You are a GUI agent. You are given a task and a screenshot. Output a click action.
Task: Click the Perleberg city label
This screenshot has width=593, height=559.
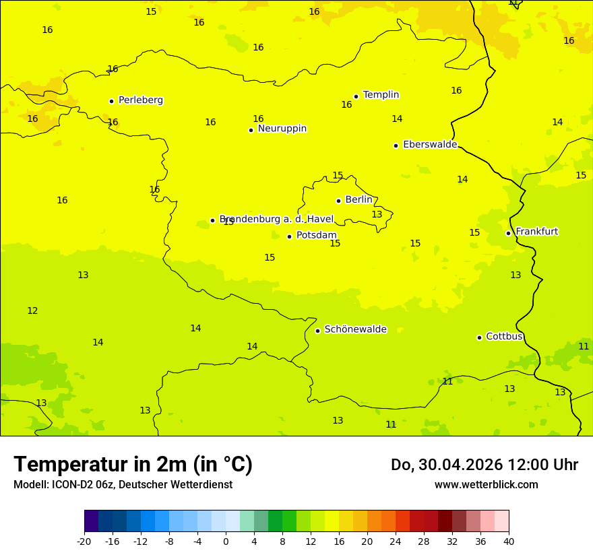point(140,100)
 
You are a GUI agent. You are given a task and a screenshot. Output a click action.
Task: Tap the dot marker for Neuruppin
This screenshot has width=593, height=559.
point(251,130)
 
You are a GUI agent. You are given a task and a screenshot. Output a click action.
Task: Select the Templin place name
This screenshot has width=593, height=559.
point(381,95)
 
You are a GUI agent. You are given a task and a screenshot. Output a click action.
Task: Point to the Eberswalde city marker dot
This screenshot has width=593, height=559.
point(396,145)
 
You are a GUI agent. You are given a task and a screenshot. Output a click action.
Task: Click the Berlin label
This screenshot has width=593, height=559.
point(358,200)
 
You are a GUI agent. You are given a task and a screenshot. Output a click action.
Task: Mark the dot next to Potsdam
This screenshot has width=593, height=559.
point(289,236)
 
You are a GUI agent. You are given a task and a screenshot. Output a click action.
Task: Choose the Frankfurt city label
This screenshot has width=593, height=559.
point(536,232)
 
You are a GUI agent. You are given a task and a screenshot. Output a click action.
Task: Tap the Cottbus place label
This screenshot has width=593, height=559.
point(504,336)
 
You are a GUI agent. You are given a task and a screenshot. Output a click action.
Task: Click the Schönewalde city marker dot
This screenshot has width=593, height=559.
point(317,331)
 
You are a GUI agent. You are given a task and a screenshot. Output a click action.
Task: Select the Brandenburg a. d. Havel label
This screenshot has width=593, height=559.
point(276,219)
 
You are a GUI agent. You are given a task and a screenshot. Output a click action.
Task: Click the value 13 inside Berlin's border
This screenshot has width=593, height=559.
point(377,215)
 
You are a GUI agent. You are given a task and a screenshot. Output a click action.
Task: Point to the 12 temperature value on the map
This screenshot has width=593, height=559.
point(32,311)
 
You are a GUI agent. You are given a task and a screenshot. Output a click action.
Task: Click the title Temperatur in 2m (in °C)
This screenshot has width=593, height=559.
point(133,465)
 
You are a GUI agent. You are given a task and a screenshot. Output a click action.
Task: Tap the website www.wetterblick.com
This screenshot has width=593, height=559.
point(486,485)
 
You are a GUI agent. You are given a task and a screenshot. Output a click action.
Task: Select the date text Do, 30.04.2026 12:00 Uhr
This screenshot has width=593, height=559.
point(484,465)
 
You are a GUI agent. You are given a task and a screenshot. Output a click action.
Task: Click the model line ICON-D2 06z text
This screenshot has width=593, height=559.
point(123,485)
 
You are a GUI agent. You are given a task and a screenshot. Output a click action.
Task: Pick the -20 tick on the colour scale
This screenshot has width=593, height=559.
point(84,541)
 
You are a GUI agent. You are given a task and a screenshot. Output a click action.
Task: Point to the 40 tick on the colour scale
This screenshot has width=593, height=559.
point(508,541)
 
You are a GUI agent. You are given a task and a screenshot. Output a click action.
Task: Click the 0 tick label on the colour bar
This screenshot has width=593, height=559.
point(226,541)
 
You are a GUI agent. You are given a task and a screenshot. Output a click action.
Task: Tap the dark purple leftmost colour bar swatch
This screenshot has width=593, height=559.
point(91,521)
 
